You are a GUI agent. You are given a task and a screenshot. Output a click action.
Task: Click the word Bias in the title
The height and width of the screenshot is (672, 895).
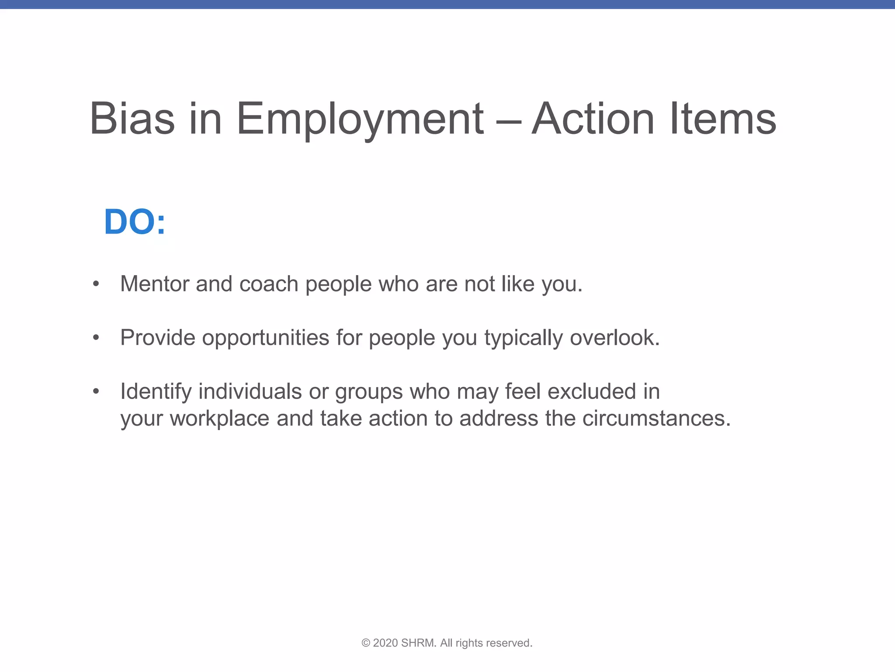coord(132,119)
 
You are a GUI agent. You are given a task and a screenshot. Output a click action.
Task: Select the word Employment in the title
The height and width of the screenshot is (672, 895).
coord(360,119)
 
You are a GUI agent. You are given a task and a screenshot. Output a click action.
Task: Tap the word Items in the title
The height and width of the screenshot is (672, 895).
coord(723,119)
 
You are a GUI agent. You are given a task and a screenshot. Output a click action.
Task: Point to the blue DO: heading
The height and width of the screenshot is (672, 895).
coord(135,222)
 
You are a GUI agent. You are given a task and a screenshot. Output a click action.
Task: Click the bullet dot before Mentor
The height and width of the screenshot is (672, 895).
coord(96,284)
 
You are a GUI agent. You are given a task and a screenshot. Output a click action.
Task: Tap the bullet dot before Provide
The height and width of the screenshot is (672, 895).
coord(96,338)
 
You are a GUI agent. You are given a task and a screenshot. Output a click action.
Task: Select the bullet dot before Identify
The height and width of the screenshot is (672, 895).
coord(96,392)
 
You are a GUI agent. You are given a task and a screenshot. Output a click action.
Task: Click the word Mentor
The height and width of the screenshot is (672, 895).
coord(154,284)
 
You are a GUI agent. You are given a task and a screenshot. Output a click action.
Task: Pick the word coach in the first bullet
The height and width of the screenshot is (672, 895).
coord(269,285)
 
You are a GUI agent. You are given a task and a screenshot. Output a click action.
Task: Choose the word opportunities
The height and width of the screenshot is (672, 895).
coord(265,339)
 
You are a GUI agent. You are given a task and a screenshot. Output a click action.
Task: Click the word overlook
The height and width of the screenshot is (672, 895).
coord(614,338)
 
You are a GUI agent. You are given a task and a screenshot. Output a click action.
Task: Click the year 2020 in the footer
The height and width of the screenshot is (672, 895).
coord(385,643)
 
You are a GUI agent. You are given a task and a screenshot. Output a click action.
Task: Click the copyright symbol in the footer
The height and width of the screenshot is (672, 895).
coord(366,643)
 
